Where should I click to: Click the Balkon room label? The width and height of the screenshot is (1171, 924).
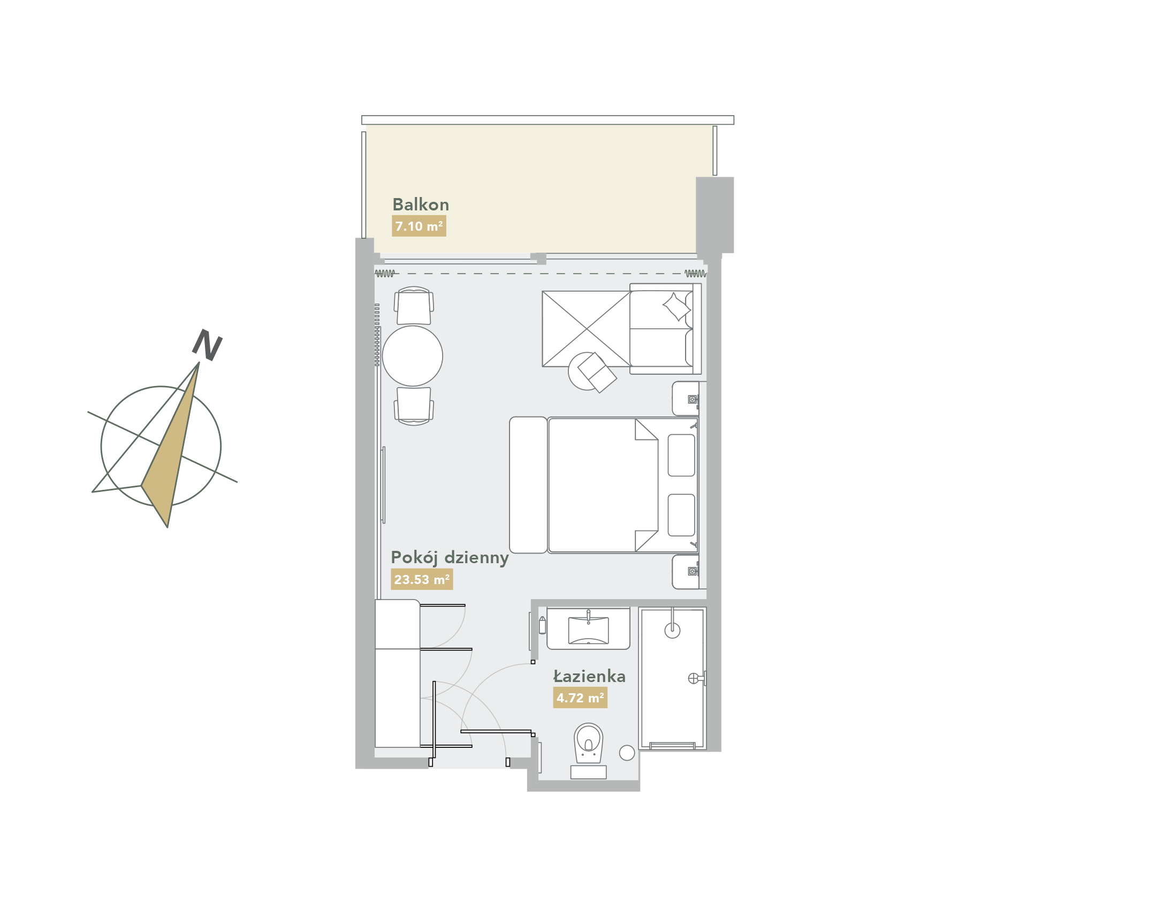420,205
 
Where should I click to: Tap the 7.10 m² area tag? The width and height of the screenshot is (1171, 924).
419,226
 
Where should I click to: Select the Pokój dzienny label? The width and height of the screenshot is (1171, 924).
450,558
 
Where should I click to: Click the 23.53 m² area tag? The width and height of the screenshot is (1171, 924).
421,579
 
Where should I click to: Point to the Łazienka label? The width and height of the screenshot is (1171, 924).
589,676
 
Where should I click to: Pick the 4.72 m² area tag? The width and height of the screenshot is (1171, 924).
580,698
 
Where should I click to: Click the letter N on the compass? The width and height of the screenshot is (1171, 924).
207,345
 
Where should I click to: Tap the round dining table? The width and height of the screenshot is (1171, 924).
412,356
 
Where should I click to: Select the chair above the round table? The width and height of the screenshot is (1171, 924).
414,306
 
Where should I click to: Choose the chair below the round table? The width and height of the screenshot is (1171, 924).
414,406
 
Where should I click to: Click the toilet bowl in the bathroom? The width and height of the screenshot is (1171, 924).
589,743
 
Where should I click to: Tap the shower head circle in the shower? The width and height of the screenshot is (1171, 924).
672,630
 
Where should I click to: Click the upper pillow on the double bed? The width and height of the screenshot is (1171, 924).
681,455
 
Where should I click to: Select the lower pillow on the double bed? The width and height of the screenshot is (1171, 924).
681,514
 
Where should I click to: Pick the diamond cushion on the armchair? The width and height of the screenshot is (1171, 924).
676,307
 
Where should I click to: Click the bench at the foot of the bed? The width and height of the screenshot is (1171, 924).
528,484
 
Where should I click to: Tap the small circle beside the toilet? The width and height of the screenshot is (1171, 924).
627,753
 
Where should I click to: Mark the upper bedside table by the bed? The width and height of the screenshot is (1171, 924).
686,398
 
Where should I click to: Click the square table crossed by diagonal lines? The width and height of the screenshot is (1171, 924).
587,329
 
